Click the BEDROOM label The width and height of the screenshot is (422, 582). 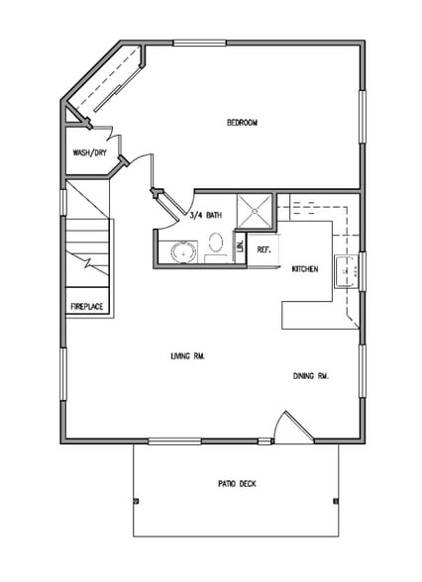tap(242, 123)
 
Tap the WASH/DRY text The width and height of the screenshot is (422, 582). tap(89, 153)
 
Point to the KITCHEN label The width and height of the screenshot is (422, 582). tap(304, 268)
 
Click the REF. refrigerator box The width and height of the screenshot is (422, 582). tap(264, 249)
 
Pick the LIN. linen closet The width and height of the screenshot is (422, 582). tap(239, 246)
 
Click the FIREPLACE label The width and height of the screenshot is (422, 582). tap(86, 307)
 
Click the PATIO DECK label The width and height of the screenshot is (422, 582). tap(237, 484)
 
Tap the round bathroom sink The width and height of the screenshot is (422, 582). tap(181, 250)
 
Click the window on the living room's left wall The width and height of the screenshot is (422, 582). tap(62, 376)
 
